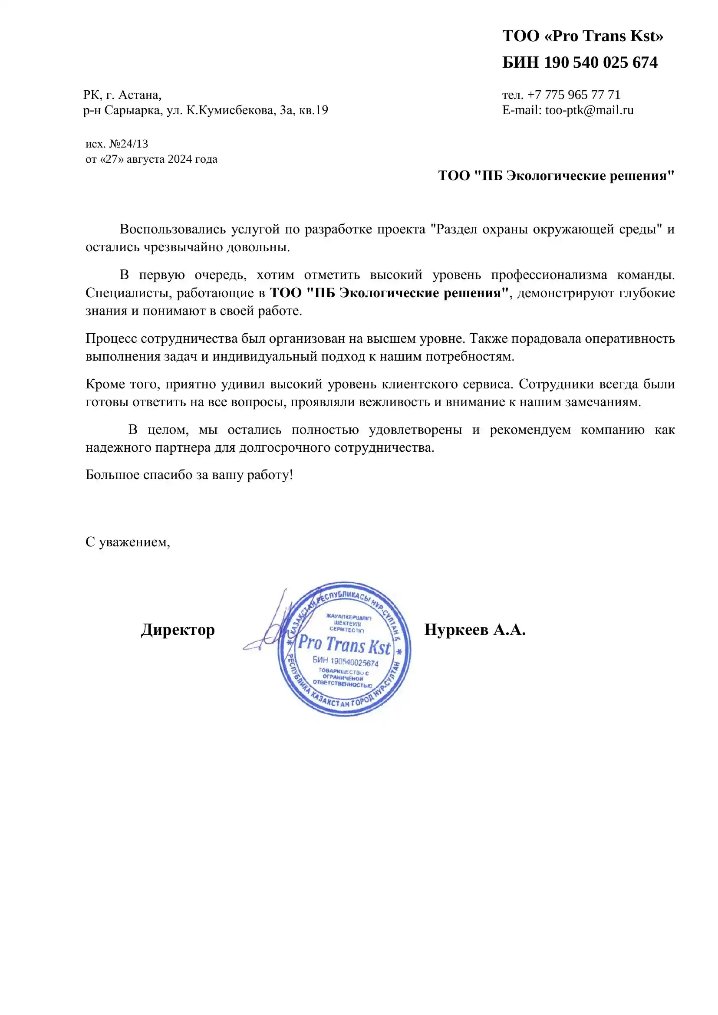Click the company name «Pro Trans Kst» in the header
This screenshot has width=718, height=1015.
point(603,36)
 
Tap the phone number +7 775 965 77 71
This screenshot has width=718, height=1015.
point(574,95)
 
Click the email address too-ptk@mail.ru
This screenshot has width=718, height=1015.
point(590,110)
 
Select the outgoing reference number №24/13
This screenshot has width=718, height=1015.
point(128,144)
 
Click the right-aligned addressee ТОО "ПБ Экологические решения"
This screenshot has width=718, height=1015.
point(556,175)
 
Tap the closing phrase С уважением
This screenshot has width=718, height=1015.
point(127,542)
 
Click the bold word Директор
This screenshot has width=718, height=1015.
point(178,630)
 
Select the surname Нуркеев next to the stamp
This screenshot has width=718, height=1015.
point(456,630)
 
